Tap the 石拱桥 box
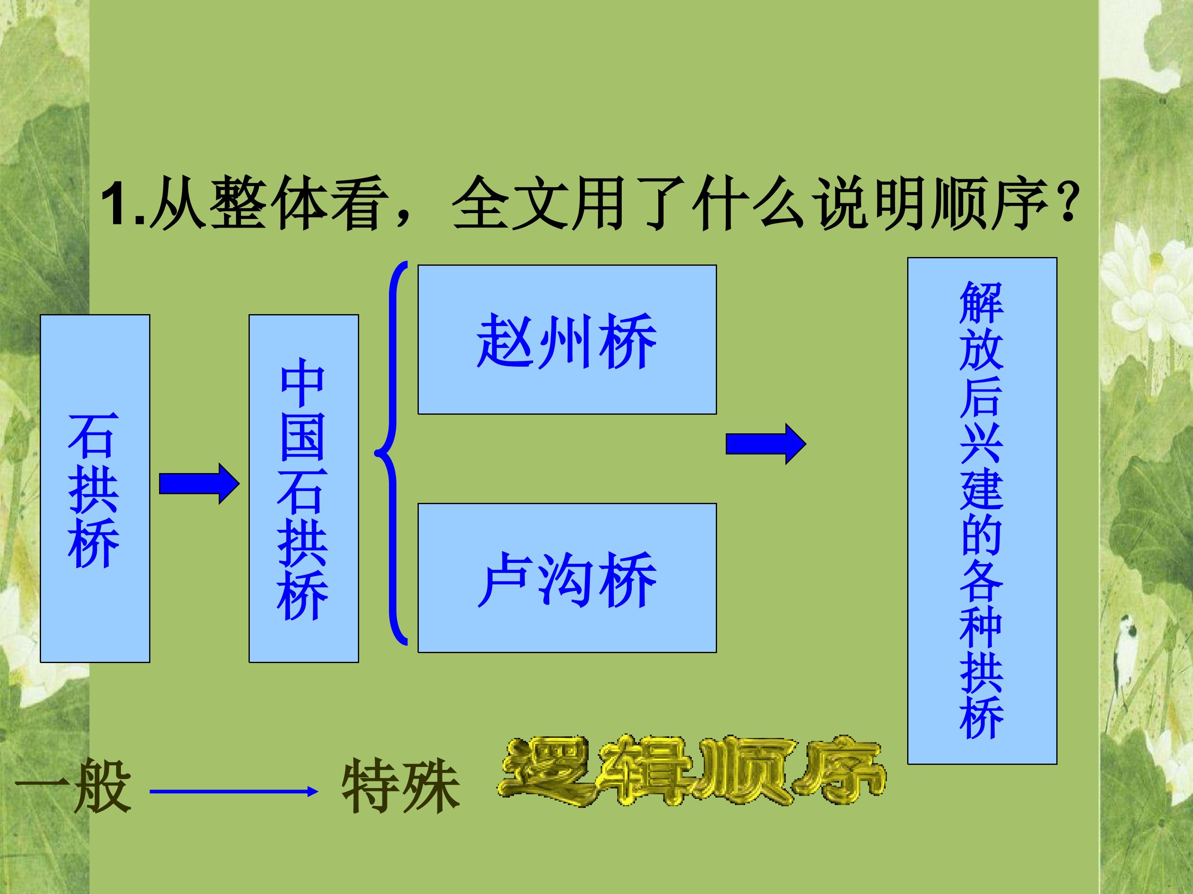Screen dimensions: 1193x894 tap(95, 488)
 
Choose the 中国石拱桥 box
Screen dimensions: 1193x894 tap(304, 488)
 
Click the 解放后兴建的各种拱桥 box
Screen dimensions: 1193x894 tap(982, 511)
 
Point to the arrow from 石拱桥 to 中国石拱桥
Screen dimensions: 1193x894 tap(199, 484)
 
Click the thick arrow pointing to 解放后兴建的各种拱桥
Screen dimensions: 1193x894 tap(766, 444)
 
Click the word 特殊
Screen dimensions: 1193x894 tap(401, 786)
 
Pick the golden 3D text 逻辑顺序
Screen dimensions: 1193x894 tap(691, 771)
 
